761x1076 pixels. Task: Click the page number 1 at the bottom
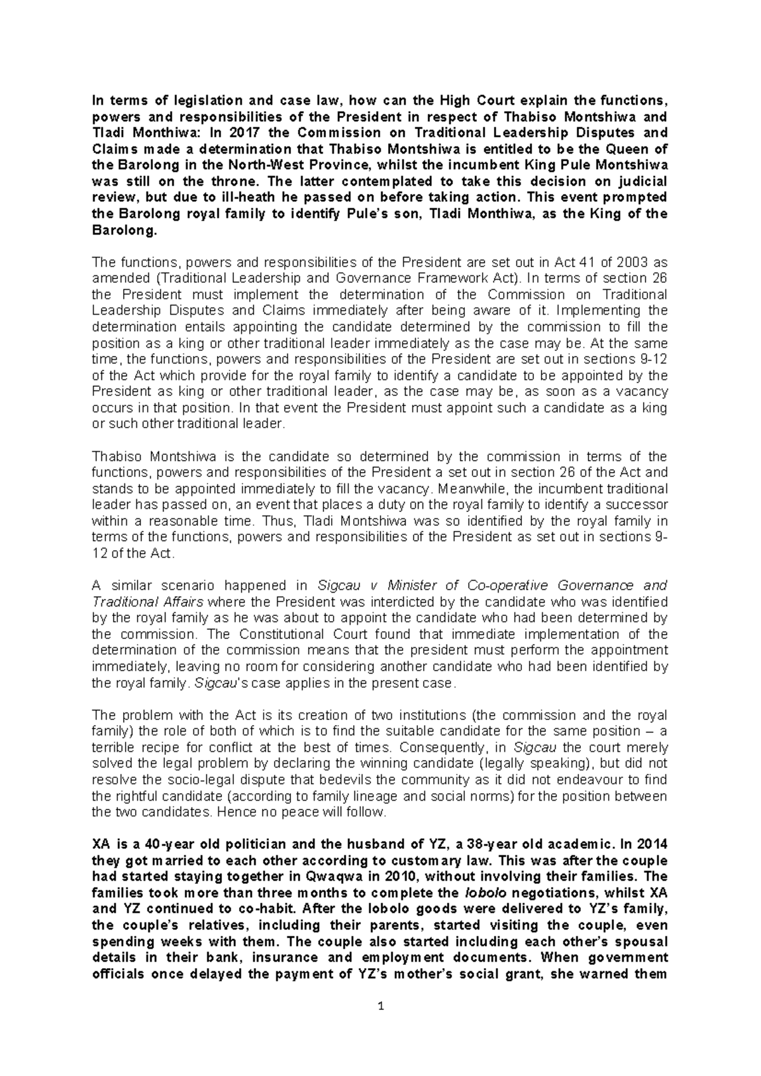pos(380,1006)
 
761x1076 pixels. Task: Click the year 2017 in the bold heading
pos(246,133)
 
